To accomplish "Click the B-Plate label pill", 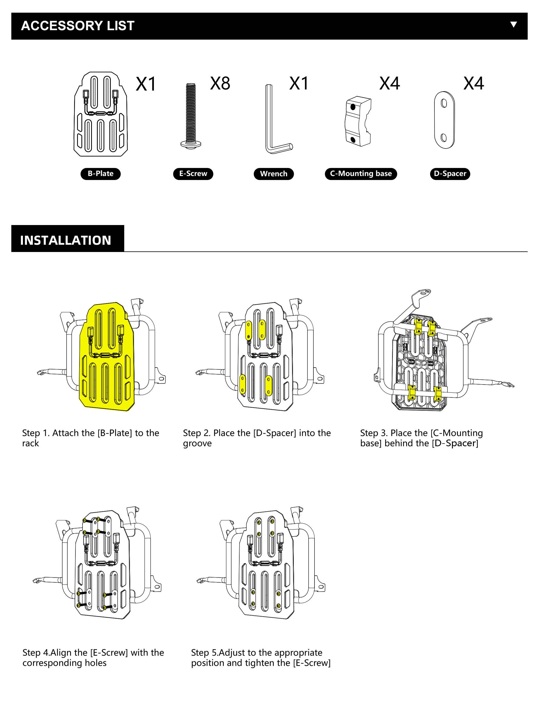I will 101,174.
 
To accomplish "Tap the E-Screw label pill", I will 193,174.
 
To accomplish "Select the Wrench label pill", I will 274,174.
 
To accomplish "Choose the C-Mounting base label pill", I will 361,174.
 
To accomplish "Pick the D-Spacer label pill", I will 450,174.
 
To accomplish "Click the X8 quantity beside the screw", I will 220,84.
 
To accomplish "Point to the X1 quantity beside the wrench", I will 299,84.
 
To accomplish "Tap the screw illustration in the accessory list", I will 191,116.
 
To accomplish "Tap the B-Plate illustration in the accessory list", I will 101,114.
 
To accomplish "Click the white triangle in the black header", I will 513,24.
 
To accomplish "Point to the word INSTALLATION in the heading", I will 65,240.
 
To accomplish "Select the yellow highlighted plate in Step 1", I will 108,356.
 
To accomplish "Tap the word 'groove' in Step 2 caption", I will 197,444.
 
